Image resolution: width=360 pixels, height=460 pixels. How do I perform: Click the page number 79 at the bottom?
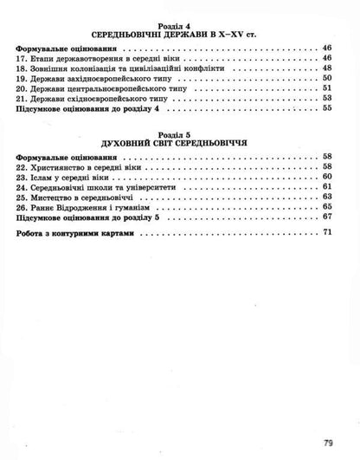point(328,443)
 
